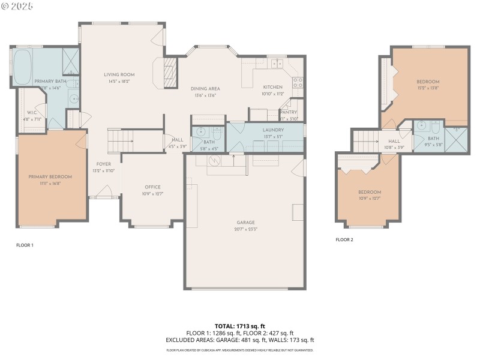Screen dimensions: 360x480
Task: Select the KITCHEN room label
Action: [272, 87]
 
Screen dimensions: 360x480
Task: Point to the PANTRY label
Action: [289, 112]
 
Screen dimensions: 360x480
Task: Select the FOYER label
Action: [104, 164]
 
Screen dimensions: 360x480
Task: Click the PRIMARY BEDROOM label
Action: [51, 176]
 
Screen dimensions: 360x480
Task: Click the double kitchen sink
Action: [277, 63]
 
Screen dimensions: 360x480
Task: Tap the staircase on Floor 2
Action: [365, 142]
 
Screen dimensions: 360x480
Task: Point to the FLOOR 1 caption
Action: [25, 245]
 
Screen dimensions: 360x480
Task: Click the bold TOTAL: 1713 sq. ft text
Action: [239, 326]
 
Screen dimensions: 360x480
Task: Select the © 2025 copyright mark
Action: [17, 6]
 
